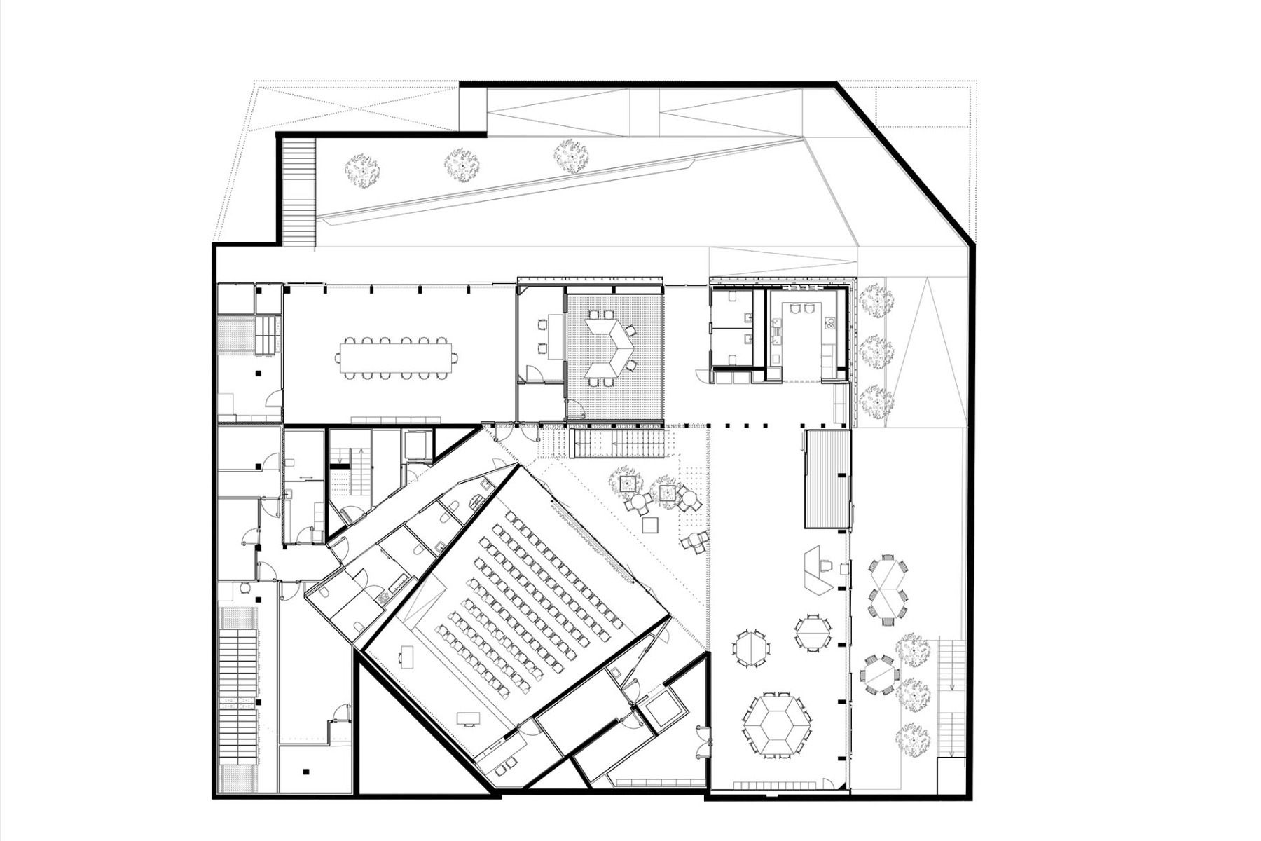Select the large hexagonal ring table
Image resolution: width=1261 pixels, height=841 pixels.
tap(776, 725)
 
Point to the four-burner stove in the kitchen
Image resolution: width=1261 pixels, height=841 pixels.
tap(830, 324)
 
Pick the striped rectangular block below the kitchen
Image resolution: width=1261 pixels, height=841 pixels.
tap(827, 479)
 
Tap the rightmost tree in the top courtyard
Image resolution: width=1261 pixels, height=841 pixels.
tap(570, 156)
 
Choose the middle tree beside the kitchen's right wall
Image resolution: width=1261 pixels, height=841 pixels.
tap(876, 350)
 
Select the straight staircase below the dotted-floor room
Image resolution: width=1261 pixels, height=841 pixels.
tap(616, 444)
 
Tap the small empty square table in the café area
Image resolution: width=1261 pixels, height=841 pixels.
tap(650, 524)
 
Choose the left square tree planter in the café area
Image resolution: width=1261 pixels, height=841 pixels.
tap(626, 483)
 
